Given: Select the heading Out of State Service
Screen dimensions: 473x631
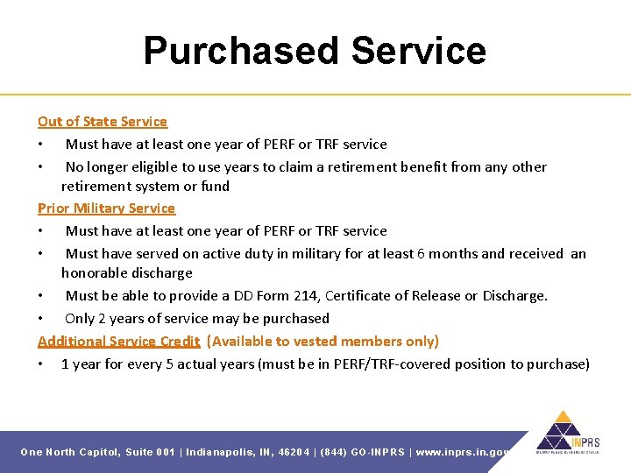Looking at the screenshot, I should pyautogui.click(x=103, y=121).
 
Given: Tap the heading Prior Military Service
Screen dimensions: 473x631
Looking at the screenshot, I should pyautogui.click(x=106, y=208).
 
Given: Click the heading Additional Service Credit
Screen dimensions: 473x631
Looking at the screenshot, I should pyautogui.click(x=119, y=341).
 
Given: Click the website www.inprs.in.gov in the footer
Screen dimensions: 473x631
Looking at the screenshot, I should pyautogui.click(x=464, y=452).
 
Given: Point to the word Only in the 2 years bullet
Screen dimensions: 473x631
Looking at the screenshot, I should pyautogui.click(x=80, y=318).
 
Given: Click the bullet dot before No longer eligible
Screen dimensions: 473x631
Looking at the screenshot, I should pyautogui.click(x=40, y=166).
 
